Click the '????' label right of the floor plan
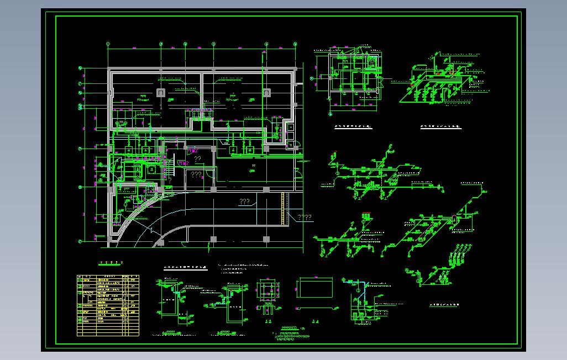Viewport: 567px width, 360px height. [x=305, y=217]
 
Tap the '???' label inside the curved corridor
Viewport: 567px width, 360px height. [x=245, y=202]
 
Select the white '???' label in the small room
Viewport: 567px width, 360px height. [x=196, y=174]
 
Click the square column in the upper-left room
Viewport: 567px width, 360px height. [x=161, y=92]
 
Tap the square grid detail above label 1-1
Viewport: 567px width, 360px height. [x=269, y=292]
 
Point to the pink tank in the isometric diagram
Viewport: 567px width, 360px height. [x=455, y=219]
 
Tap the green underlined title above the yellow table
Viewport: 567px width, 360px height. [x=109, y=263]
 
